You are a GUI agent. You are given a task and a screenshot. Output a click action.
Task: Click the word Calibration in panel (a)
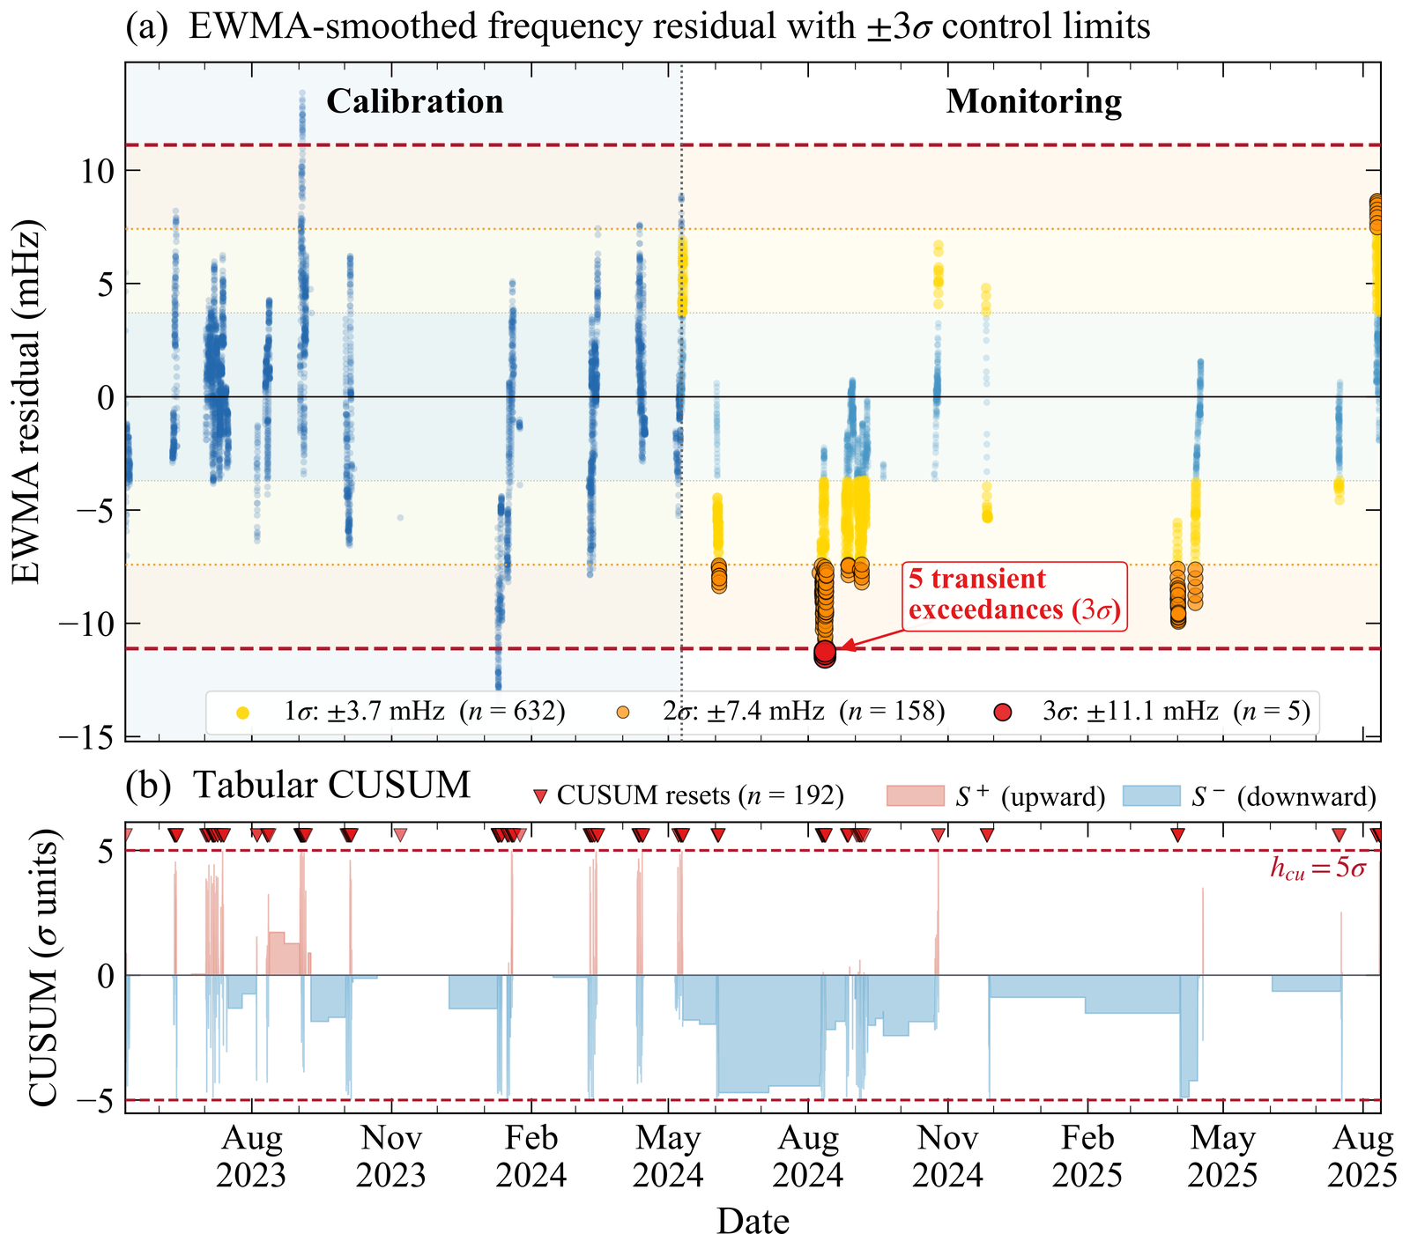[x=414, y=101]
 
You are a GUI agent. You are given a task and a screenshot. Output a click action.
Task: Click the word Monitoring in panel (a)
[x=1034, y=101]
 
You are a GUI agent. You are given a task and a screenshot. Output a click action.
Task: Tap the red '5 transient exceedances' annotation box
[x=1013, y=595]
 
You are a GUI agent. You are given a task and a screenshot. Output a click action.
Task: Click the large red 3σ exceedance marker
[x=825, y=652]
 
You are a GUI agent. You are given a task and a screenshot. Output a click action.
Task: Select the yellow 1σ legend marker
[x=243, y=712]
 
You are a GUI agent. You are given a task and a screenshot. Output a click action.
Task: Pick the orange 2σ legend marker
[x=623, y=712]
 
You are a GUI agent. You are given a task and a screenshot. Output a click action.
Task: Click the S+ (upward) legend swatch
[x=914, y=796]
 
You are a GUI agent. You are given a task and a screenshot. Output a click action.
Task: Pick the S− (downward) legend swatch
[x=1151, y=796]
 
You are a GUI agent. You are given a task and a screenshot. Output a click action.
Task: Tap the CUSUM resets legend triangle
[x=540, y=797]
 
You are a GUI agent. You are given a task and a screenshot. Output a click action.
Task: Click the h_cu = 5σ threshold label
[x=1317, y=868]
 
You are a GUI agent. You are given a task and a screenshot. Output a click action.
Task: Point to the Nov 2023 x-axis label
[x=391, y=1156]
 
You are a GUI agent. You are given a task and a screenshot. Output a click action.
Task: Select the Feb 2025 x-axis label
[x=1087, y=1156]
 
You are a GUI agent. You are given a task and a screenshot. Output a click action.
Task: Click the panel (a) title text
[x=638, y=27]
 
